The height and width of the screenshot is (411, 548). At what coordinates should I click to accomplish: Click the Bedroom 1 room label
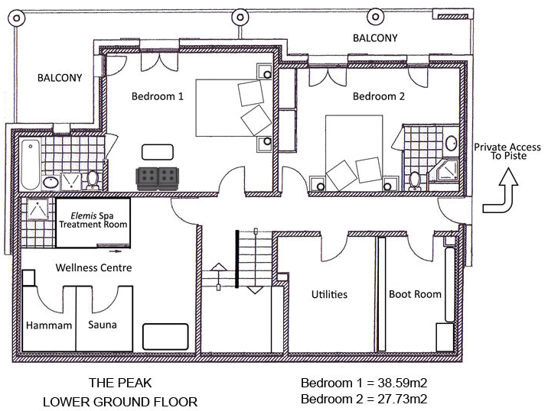(x=158, y=97)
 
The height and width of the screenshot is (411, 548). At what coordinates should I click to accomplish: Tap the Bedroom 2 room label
(x=378, y=97)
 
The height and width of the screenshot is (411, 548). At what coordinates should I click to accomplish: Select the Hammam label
(x=49, y=325)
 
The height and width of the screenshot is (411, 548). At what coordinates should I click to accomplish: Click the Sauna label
(x=101, y=325)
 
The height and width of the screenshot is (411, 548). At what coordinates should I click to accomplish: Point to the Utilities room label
(x=329, y=294)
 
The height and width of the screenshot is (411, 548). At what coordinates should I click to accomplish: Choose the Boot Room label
(x=415, y=294)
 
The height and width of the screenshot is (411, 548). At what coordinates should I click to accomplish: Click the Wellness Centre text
(x=93, y=268)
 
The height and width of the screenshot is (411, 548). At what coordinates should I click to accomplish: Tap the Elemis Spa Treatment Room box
(x=93, y=221)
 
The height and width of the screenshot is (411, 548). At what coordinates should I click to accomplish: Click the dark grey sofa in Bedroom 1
(x=158, y=178)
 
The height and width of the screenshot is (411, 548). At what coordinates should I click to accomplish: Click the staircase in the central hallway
(x=254, y=260)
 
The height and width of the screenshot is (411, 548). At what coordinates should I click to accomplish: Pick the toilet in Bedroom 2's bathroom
(x=415, y=180)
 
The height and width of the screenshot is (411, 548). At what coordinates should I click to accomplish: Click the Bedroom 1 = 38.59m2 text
(x=363, y=383)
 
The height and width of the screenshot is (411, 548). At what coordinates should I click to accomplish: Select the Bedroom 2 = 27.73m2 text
(x=363, y=399)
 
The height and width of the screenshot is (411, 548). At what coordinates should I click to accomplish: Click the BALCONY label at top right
(x=375, y=38)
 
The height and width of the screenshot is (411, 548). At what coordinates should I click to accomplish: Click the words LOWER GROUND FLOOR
(x=119, y=401)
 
